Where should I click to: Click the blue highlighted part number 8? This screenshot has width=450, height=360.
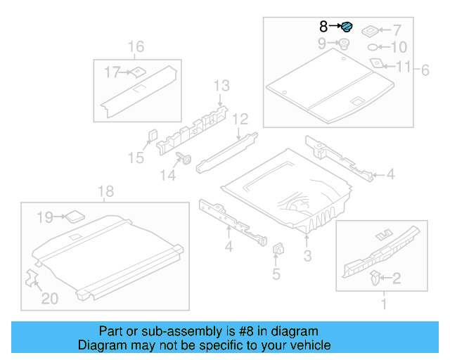[347, 27]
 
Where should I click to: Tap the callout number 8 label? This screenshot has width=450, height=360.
[323, 27]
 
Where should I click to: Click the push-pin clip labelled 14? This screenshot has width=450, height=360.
[186, 158]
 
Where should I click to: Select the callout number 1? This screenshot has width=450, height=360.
[383, 304]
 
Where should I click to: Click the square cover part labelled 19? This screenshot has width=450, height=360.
[73, 216]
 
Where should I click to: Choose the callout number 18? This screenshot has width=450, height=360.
[105, 191]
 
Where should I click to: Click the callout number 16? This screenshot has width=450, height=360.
[135, 47]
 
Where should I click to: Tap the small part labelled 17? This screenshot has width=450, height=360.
[138, 70]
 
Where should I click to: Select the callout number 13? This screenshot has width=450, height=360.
[221, 86]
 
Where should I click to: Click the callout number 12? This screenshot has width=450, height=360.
[240, 118]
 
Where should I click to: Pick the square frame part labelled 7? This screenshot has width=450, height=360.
[367, 31]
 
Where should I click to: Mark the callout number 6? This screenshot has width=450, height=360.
[424, 70]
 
